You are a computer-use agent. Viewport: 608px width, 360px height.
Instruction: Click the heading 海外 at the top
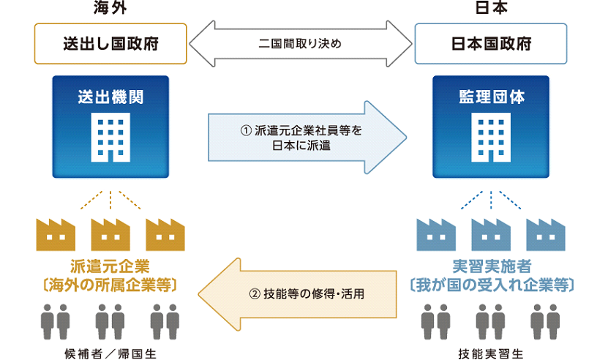coord(110,9)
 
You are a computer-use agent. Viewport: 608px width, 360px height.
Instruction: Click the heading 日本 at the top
coord(491,9)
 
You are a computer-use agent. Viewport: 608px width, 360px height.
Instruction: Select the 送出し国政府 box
coord(110,44)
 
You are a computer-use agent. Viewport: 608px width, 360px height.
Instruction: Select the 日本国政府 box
coord(491,44)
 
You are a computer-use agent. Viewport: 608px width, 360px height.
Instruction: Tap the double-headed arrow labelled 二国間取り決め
coord(300,44)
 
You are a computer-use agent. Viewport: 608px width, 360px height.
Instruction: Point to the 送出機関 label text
coord(110,96)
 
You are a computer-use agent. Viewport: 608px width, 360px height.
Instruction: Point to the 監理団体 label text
coord(491,96)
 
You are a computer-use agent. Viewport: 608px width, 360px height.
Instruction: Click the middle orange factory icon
coord(110,233)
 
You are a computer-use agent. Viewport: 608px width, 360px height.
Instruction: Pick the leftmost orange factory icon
coord(56,233)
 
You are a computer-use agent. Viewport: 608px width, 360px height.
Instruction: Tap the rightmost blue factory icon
coord(546,233)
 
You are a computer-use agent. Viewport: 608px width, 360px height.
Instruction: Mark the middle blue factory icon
coord(491,233)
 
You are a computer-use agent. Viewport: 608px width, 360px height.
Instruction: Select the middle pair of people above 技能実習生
coord(491,320)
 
